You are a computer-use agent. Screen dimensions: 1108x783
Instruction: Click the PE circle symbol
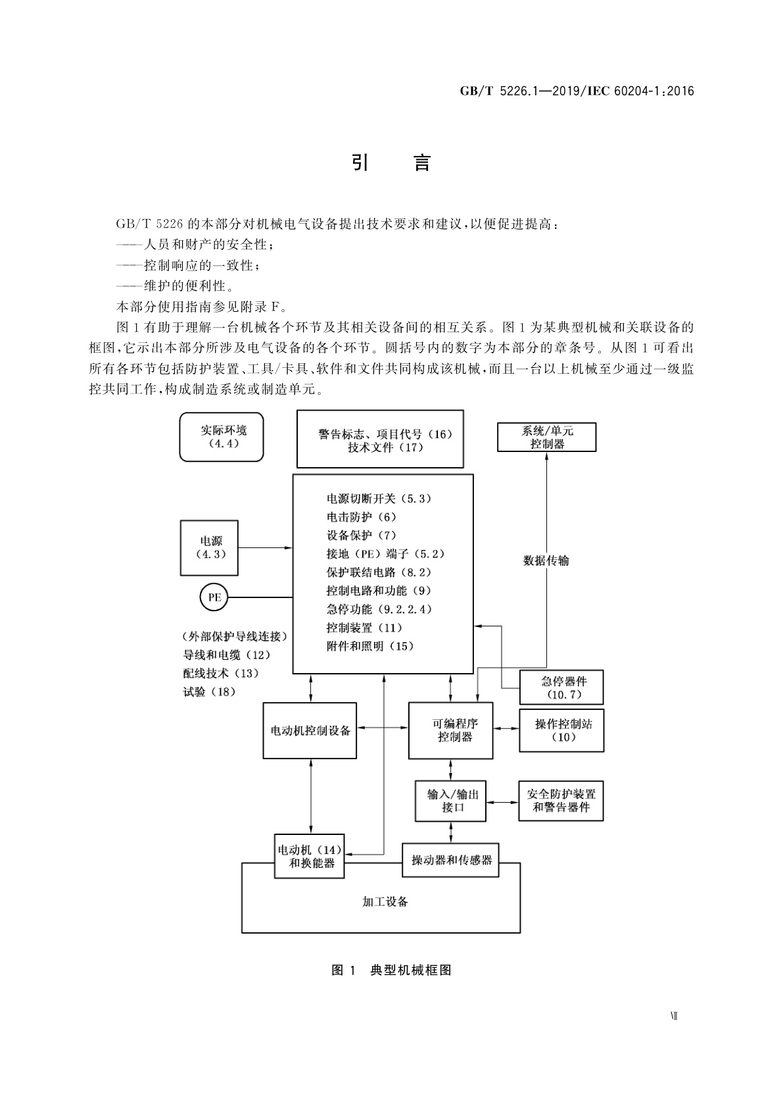214,597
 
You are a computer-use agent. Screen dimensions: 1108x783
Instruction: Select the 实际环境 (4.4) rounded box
222,437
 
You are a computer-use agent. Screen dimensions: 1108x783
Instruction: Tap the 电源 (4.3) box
210,547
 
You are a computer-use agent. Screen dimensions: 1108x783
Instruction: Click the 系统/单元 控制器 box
546,437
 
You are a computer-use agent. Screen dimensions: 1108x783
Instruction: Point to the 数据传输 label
546,561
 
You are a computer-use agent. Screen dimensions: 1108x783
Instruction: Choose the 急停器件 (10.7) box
561,688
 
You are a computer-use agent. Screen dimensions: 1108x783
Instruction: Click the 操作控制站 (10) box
561,730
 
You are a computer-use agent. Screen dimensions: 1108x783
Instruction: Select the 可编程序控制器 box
450,730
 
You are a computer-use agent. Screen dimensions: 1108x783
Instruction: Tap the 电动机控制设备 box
310,730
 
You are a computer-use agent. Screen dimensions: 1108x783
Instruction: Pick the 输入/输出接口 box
450,800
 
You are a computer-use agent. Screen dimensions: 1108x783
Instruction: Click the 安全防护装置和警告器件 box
561,800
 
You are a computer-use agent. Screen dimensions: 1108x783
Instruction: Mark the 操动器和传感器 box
450,859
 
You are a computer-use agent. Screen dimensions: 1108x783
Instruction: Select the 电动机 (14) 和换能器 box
310,856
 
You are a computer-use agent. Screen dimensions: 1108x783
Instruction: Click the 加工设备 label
385,901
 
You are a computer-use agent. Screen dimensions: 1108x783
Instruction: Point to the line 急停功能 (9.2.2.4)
379,609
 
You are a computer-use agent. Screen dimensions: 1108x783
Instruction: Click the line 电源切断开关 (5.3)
379,499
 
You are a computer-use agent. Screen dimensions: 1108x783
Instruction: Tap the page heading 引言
391,163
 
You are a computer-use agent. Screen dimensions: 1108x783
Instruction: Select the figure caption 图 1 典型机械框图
391,970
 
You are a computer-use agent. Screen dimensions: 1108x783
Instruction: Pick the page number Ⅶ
673,1016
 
